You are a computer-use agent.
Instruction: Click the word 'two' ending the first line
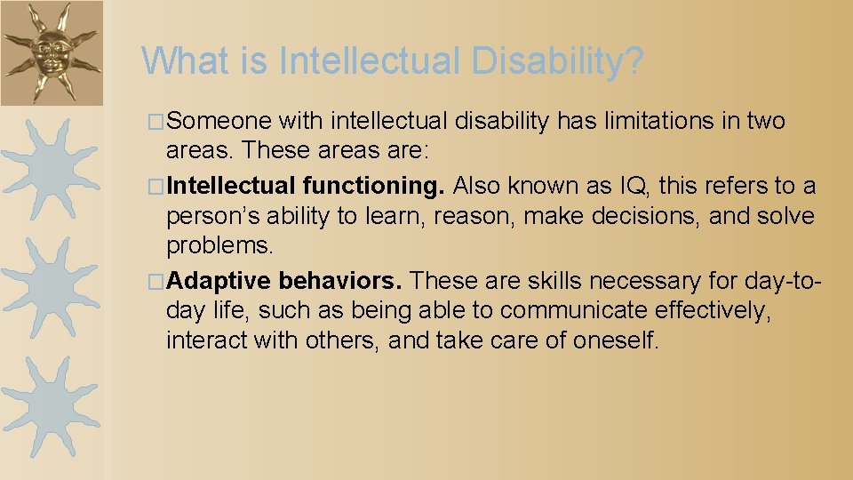pyautogui.click(x=767, y=120)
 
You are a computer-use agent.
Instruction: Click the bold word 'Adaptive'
pyautogui.click(x=218, y=281)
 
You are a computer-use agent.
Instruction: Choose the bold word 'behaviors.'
pyautogui.click(x=340, y=281)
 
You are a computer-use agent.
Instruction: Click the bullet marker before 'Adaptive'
pyautogui.click(x=157, y=282)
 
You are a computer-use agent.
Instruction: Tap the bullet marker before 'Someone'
pyautogui.click(x=157, y=121)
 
